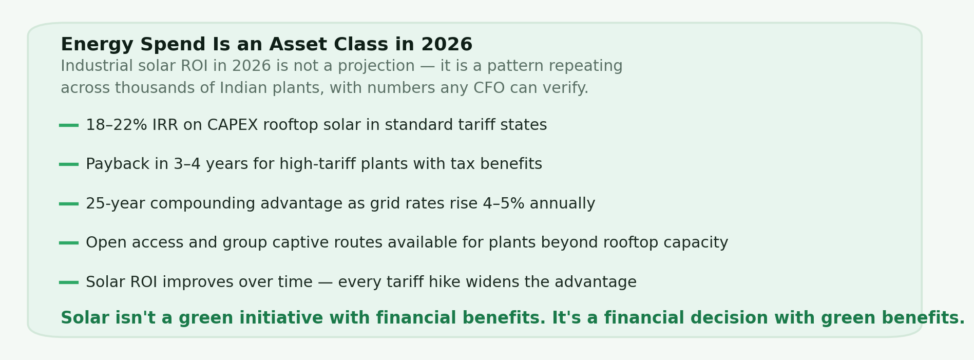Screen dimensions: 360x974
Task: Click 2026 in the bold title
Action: pos(446,45)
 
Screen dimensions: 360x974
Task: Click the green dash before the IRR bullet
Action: pos(69,125)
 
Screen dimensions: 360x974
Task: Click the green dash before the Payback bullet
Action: pos(69,164)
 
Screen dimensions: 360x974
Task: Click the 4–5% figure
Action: pos(504,204)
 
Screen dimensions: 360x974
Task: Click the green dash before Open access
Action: pos(69,243)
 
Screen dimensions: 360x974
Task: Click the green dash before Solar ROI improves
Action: pos(69,282)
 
